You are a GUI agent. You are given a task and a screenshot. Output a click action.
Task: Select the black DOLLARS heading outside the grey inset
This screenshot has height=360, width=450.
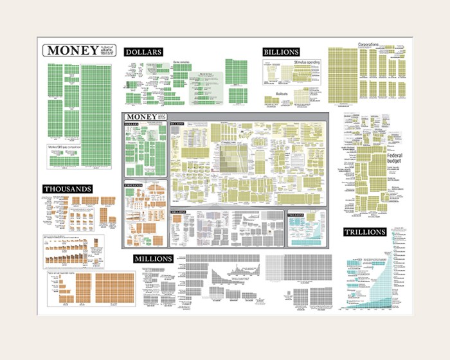point(143,52)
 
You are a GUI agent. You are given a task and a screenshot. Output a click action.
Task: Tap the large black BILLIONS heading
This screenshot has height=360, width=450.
point(281,51)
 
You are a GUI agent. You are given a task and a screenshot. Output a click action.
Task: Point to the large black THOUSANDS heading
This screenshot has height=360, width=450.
point(67,189)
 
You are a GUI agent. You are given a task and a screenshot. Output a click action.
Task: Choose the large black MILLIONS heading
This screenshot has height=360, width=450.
point(153,258)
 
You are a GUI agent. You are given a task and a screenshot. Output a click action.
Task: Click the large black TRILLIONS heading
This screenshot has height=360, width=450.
point(364,232)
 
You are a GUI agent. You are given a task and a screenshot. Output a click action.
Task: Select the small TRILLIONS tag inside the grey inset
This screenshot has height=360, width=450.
point(296,214)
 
